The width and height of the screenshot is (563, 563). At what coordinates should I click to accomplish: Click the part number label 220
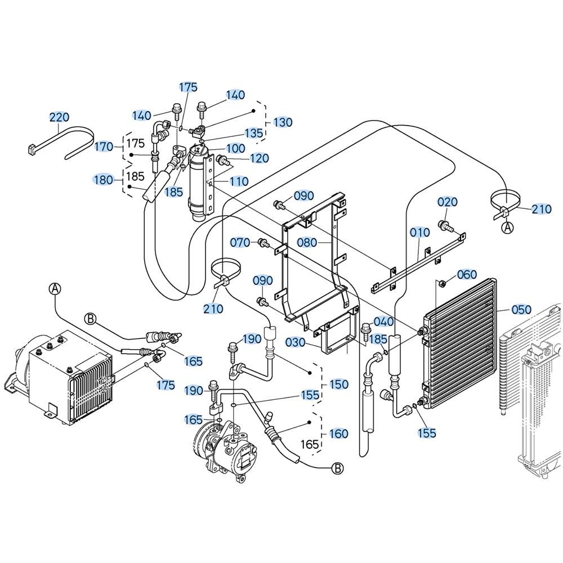(59, 117)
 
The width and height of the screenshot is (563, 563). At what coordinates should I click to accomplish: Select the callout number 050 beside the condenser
(521, 309)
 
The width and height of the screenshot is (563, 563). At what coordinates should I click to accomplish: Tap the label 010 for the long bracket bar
(420, 233)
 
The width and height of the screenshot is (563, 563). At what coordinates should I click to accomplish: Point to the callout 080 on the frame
(307, 242)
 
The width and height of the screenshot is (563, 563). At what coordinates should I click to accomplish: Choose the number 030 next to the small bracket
(296, 342)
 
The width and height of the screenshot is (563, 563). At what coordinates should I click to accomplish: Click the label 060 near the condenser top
(467, 275)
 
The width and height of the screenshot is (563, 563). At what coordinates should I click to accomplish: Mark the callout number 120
(259, 158)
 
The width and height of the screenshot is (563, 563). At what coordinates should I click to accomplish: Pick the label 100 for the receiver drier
(235, 148)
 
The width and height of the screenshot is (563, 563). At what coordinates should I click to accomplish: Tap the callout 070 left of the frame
(240, 243)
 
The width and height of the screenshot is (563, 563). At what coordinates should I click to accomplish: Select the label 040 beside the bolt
(384, 321)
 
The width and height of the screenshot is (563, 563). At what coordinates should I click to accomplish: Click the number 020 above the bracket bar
(448, 202)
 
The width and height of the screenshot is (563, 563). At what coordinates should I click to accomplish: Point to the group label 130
(283, 122)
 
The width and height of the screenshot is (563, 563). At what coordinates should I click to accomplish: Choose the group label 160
(338, 434)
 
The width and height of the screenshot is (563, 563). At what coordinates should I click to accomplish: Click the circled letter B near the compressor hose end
(337, 468)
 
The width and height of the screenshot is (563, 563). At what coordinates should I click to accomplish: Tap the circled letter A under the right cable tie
(507, 227)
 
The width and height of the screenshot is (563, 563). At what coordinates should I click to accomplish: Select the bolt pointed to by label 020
(445, 226)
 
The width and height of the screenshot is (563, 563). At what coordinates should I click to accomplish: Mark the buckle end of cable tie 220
(32, 149)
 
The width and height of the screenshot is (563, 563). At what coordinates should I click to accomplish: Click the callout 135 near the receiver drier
(254, 133)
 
